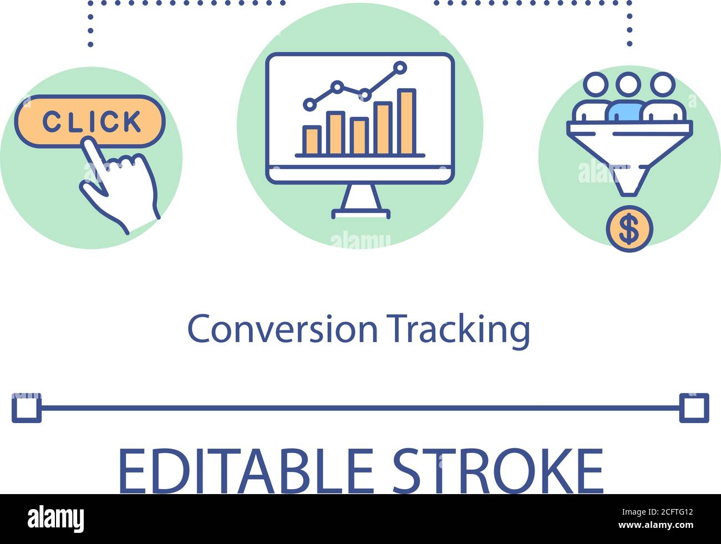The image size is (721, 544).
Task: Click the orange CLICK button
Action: click(x=90, y=121)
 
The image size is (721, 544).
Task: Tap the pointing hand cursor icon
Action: click(x=123, y=183)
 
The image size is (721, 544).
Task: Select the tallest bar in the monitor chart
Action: click(x=406, y=121)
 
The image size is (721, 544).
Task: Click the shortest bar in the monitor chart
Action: click(x=312, y=140)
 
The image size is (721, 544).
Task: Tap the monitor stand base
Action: click(x=360, y=212)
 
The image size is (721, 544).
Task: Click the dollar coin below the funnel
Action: click(x=629, y=229)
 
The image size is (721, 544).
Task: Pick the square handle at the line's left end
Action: click(x=26, y=408)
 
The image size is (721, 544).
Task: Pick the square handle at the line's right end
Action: click(x=694, y=408)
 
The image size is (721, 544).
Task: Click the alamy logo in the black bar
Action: click(x=56, y=518)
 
